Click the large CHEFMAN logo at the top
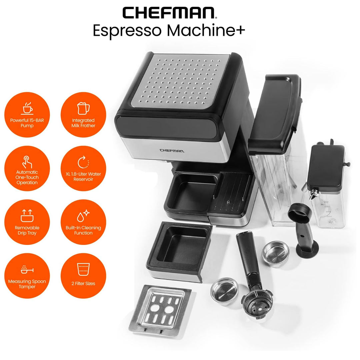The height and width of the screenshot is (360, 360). click(169, 13)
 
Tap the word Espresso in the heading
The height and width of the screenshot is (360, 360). click(127, 31)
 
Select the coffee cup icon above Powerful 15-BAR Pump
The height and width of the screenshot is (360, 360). click(27, 108)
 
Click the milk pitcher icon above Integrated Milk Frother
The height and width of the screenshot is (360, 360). click(83, 108)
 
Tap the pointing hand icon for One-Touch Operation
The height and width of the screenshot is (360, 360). click(27, 162)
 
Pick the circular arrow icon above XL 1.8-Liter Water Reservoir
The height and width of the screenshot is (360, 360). click(83, 162)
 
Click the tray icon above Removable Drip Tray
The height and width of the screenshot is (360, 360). click(27, 216)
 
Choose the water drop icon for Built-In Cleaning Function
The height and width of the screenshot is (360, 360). click(83, 216)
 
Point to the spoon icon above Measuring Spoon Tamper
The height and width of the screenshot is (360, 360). click(27, 270)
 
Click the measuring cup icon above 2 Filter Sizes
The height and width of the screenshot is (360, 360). click(83, 269)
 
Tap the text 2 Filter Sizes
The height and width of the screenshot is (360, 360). click(83, 284)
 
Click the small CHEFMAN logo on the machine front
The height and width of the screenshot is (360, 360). click(172, 151)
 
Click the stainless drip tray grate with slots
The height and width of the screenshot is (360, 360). click(160, 310)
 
